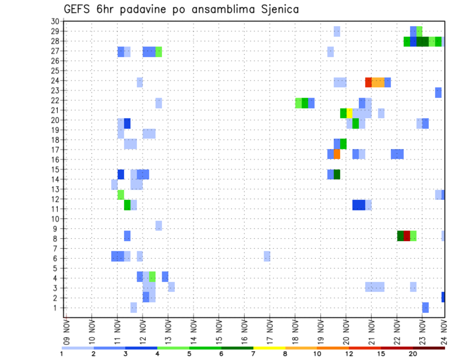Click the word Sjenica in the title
pyautogui.click(x=277, y=9)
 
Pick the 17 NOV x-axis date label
pyautogui.click(x=270, y=330)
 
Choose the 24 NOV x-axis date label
pyautogui.click(x=444, y=330)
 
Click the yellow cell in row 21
pyautogui.click(x=349, y=113)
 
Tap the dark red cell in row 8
pyautogui.click(x=407, y=236)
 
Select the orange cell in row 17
pyautogui.click(x=337, y=154)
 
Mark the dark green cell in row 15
pyautogui.click(x=337, y=174)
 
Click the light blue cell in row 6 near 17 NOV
pyautogui.click(x=267, y=256)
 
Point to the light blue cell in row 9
pyautogui.click(x=159, y=226)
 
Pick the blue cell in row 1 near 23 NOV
pyautogui.click(x=425, y=307)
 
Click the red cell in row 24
pyautogui.click(x=368, y=82)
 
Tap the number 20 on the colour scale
pyautogui.click(x=413, y=353)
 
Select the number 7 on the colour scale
pyautogui.click(x=253, y=353)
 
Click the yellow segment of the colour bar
pyautogui.click(x=269, y=348)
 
